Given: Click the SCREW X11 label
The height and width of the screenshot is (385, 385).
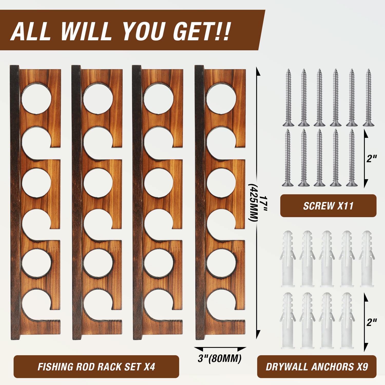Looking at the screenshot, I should [328, 206].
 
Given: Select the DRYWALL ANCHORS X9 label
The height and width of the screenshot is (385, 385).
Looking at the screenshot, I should [317, 367].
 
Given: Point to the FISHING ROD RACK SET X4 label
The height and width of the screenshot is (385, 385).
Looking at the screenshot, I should [96, 367].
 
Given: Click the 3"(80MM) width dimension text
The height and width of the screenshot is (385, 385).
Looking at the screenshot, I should [220, 358].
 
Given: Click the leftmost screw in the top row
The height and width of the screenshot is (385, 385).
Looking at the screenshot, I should [288, 98].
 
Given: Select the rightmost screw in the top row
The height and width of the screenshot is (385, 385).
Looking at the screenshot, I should [369, 98].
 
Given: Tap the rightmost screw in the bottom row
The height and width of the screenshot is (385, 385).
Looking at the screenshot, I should [352, 158].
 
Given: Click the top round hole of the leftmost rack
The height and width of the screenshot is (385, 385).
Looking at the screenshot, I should [36, 98].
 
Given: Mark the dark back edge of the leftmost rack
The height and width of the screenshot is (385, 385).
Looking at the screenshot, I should [15, 203].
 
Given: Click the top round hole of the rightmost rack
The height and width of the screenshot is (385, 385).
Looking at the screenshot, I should [221, 98].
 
